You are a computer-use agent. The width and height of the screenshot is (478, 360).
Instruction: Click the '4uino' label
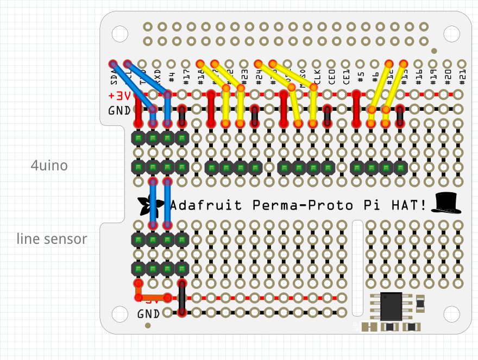(x=49, y=165)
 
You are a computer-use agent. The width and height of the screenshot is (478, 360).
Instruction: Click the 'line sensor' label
(x=52, y=238)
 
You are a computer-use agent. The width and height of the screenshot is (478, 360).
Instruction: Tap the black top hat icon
(x=446, y=203)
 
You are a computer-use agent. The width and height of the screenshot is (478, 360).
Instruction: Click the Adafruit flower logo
(x=146, y=205)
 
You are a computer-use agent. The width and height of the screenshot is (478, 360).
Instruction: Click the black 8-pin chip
(x=391, y=306)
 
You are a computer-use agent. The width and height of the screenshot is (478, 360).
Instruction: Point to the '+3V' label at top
(x=119, y=96)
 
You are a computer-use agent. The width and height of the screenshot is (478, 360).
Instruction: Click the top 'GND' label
(x=119, y=110)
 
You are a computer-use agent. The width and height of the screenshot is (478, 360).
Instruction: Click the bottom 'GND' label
(x=148, y=313)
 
